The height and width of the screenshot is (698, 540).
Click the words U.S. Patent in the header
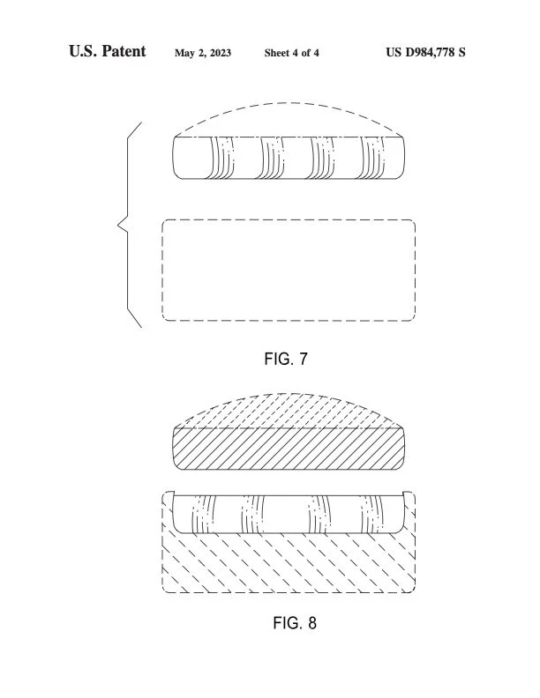click(107, 52)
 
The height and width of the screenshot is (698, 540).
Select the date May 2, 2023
click(203, 53)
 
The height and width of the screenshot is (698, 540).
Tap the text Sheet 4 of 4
click(292, 53)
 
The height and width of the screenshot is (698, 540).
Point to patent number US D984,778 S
click(426, 53)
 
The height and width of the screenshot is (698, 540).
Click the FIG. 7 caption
click(286, 359)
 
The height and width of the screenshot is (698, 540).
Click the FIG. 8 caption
click(294, 623)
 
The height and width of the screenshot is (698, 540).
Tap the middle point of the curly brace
click(120, 226)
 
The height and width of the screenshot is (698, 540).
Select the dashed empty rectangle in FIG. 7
click(289, 270)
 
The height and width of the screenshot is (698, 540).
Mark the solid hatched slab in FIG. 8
click(289, 449)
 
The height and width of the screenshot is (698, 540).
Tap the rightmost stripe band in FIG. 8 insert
click(374, 514)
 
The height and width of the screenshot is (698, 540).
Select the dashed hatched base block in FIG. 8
click(289, 564)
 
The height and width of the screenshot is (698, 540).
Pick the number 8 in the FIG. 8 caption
click(311, 623)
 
